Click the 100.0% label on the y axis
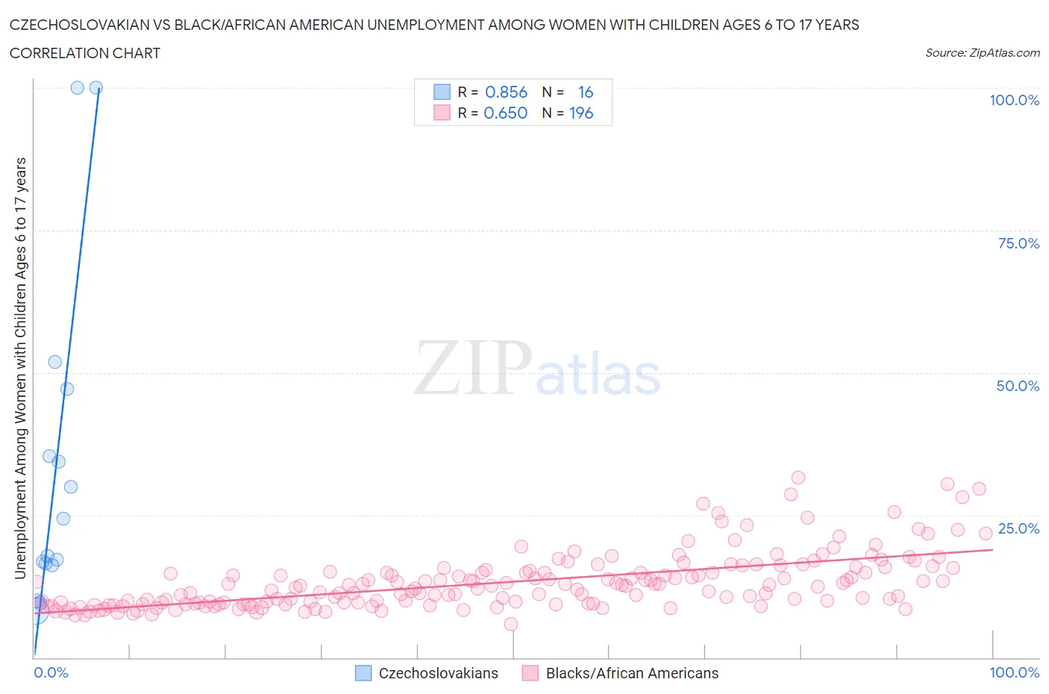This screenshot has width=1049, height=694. coord(1014,100)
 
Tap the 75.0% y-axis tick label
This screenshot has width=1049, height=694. coord(1018,243)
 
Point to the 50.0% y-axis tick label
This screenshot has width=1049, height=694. coord(1018,386)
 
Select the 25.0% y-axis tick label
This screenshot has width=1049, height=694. coord(1018,528)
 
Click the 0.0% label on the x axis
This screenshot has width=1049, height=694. coord(51,672)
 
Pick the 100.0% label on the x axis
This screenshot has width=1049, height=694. coord(1014,672)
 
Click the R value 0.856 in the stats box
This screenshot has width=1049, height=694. coord(506,92)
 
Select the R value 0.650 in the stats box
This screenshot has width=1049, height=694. coord(505,113)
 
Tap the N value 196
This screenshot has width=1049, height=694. coord(581,113)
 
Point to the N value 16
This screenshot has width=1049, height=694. coord(586,92)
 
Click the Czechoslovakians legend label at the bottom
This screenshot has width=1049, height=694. coord(438,673)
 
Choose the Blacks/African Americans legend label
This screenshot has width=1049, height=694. coord(632,673)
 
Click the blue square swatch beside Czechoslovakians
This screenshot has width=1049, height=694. coord(363,673)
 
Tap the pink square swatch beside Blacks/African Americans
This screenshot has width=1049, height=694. coord(530,673)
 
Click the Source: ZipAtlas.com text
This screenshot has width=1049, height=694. coord(982,53)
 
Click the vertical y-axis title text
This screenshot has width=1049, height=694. coord(20,369)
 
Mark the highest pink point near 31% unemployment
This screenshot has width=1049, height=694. coord(798,478)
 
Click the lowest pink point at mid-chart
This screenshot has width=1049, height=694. coord(511,624)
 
